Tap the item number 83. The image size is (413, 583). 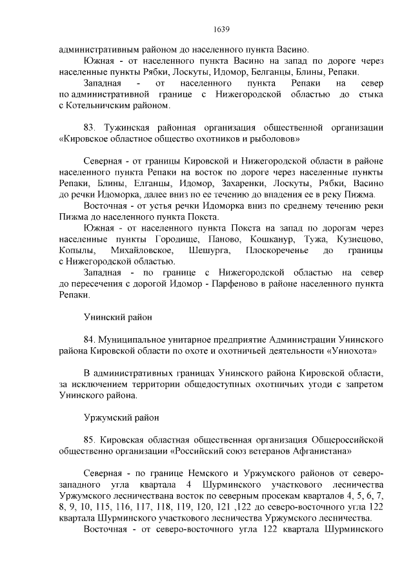[x=91, y=126]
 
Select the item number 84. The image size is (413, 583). [x=90, y=338]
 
